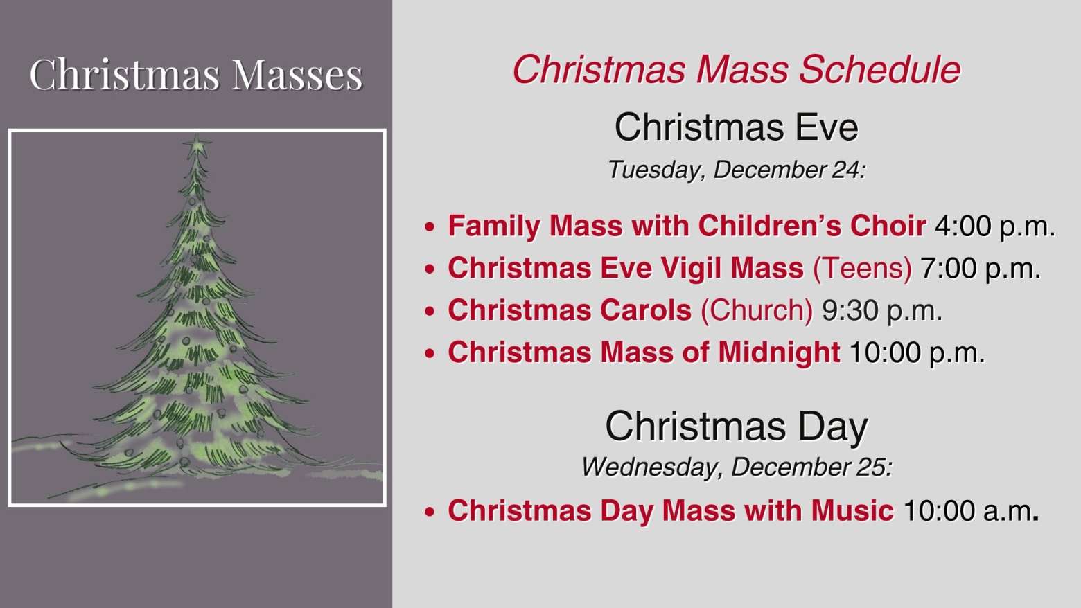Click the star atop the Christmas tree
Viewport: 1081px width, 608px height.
tap(196, 145)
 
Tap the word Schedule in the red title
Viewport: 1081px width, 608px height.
tap(880, 70)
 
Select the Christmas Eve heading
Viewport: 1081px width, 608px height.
tap(737, 127)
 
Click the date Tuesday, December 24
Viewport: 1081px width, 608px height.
tap(737, 170)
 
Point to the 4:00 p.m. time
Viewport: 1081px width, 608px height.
tap(995, 226)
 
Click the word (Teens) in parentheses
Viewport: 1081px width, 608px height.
tap(863, 268)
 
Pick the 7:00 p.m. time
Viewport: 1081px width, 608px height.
tap(980, 268)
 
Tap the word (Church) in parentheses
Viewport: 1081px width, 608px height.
tap(757, 310)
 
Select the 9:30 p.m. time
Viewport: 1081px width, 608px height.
tap(881, 310)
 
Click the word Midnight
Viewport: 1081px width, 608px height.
tap(779, 352)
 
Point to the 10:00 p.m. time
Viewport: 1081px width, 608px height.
tap(917, 353)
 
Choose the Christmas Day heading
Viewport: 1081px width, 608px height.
tap(737, 427)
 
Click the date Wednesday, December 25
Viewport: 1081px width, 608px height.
tap(737, 467)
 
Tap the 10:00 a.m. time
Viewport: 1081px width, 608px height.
tap(971, 510)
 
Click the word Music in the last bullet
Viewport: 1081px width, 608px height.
tap(852, 510)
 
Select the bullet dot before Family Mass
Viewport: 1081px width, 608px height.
tap(430, 226)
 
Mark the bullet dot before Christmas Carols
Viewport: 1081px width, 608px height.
tap(430, 311)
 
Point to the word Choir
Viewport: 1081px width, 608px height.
tap(888, 226)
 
